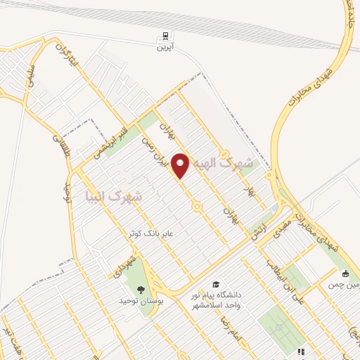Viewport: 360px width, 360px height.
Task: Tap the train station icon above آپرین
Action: point(165,35)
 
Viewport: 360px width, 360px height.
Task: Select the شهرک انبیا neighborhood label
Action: point(113,197)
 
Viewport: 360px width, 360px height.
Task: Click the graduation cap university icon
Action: point(216,283)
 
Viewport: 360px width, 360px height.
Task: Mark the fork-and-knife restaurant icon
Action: point(300,351)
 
